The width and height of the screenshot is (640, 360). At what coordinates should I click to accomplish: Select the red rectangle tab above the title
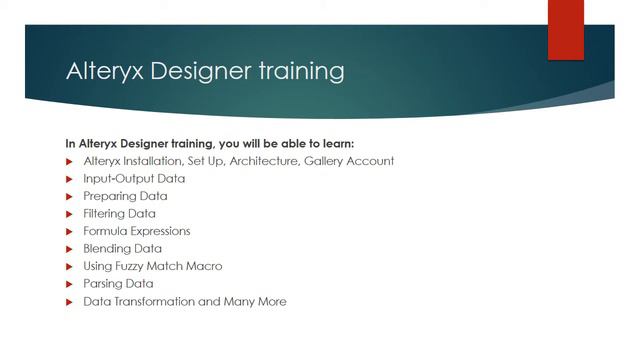(565, 30)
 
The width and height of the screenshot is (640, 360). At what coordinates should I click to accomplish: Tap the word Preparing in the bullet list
(111, 196)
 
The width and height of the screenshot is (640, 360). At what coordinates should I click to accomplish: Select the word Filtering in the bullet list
(105, 214)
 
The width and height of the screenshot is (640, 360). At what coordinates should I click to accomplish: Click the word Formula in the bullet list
(105, 231)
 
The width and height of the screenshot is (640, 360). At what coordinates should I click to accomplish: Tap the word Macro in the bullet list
(204, 266)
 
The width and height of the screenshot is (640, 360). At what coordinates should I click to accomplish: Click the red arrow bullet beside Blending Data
(70, 249)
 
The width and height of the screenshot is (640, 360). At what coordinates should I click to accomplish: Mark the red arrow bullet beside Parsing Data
(70, 284)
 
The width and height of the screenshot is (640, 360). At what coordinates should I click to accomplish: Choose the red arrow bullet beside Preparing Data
(70, 196)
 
